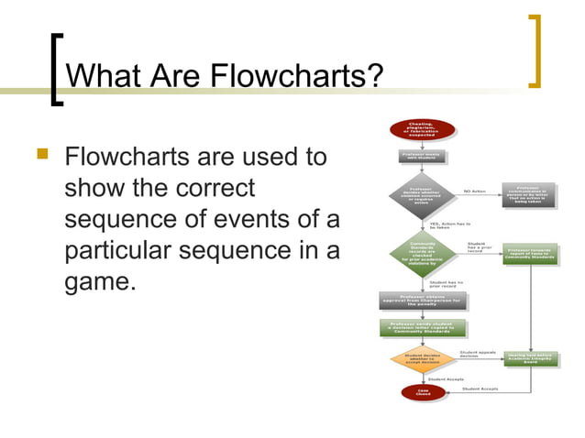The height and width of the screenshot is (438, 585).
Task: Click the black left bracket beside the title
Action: click(x=57, y=70)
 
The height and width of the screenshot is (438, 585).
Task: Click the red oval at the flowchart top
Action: click(x=422, y=129)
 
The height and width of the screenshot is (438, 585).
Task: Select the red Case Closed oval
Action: click(x=410, y=393)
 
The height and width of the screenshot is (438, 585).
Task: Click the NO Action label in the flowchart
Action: click(x=476, y=191)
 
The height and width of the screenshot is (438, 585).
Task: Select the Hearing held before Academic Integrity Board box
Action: click(x=530, y=358)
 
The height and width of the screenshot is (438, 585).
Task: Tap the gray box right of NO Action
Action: click(x=530, y=193)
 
